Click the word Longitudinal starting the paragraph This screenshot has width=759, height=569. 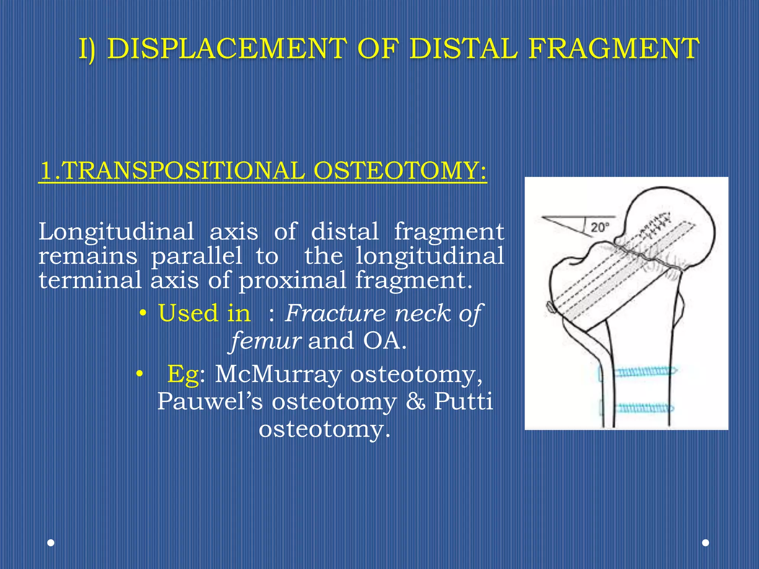[116, 232]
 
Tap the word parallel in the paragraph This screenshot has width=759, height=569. [196, 256]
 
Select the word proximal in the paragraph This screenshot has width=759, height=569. [292, 280]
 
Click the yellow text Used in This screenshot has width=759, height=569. [204, 313]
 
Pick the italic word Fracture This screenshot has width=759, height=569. [335, 313]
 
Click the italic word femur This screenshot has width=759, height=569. [266, 340]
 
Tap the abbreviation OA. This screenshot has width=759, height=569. [384, 340]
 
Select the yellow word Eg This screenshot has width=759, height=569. [183, 374]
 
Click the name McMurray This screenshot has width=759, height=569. [278, 374]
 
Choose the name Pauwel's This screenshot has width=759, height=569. [210, 401]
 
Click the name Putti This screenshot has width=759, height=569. [463, 401]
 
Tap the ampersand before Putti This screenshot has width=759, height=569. [415, 401]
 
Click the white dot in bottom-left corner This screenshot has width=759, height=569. [51, 543]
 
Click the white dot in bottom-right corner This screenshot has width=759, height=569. [706, 543]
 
